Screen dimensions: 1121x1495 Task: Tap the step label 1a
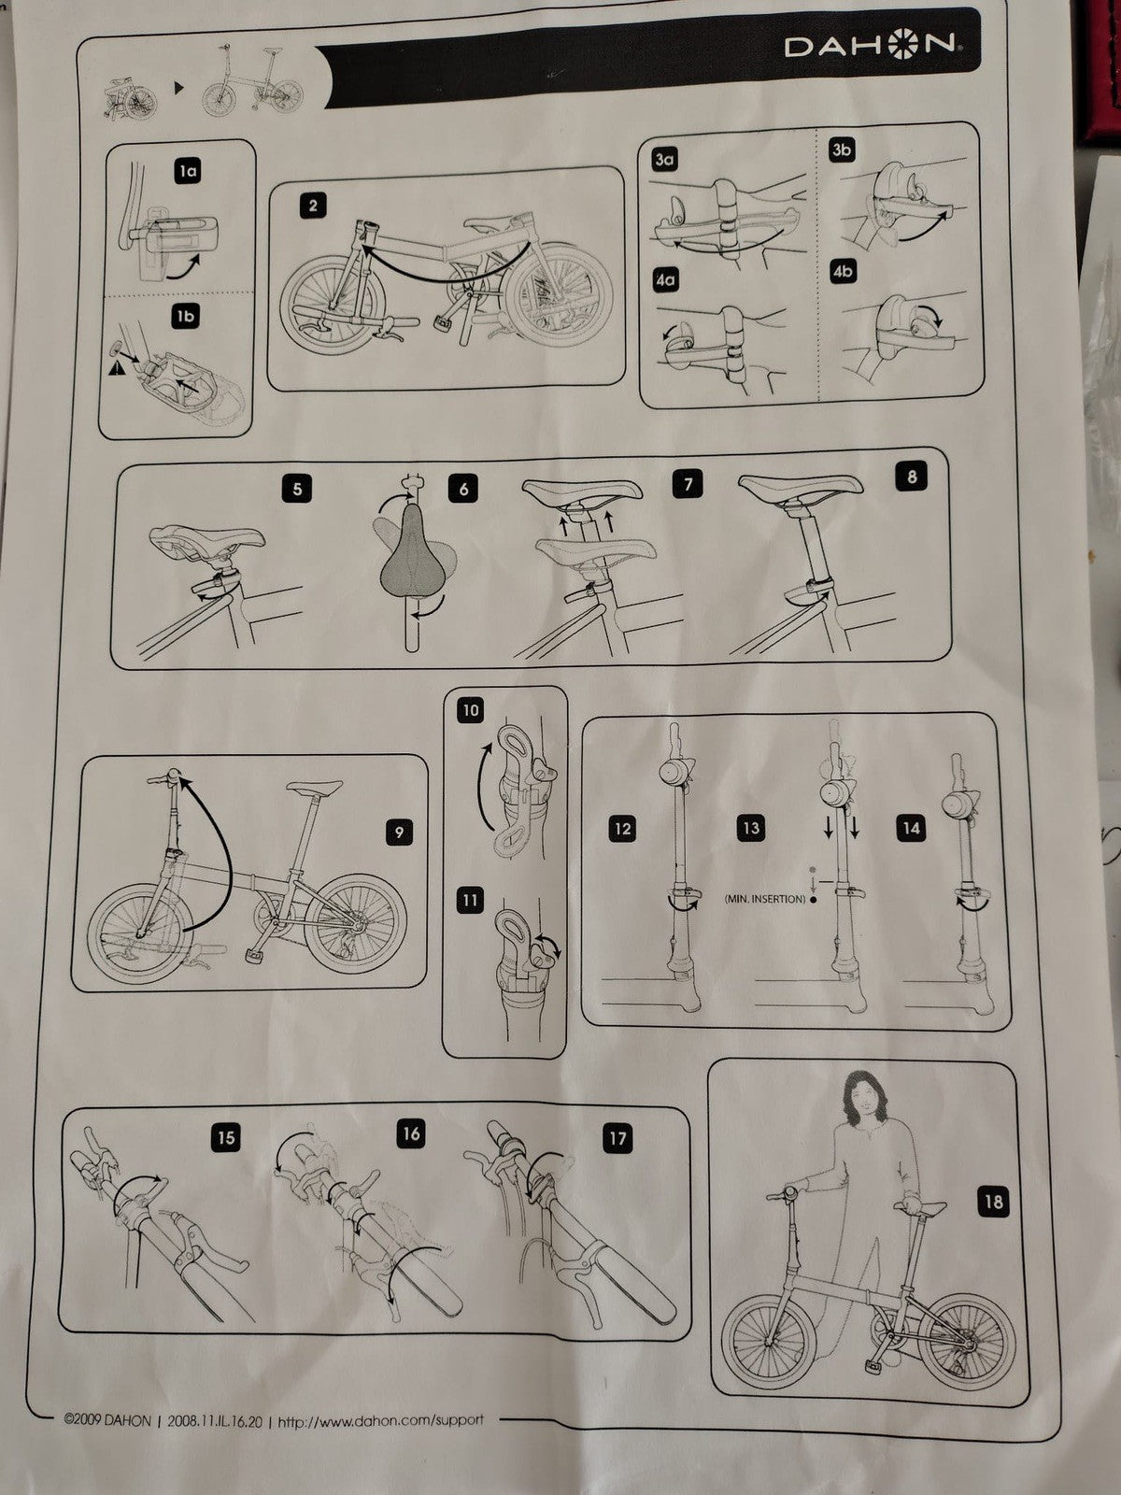click(x=188, y=172)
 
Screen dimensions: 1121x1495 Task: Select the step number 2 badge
click(x=313, y=206)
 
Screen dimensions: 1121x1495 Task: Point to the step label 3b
click(x=842, y=149)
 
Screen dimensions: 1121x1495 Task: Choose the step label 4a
click(x=665, y=280)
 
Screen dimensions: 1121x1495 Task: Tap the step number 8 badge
click(x=912, y=477)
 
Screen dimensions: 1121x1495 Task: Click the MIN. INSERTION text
click(x=765, y=899)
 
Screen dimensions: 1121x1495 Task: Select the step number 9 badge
click(x=399, y=832)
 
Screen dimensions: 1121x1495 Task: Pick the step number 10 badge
click(x=471, y=710)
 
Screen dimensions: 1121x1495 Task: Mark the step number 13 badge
click(x=751, y=828)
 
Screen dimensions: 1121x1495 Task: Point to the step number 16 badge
click(x=411, y=1133)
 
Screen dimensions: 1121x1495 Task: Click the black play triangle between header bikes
click(x=178, y=88)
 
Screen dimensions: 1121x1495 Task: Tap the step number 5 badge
click(x=297, y=489)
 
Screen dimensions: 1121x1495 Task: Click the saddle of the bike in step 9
click(x=315, y=788)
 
